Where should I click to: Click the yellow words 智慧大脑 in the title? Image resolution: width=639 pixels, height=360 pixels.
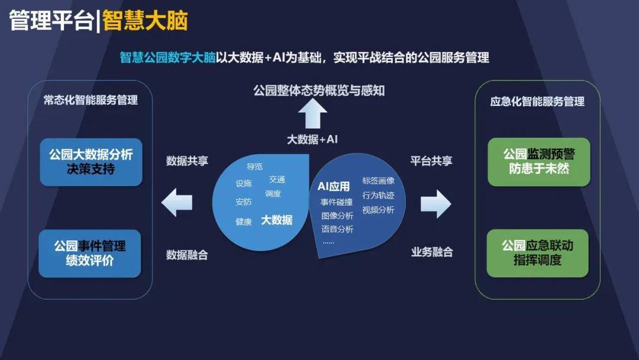(145, 21)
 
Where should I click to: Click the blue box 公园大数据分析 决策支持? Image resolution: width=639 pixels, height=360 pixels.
(91, 162)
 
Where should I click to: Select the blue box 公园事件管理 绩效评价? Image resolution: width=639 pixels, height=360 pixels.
(90, 253)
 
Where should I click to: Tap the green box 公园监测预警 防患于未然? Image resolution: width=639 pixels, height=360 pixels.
(539, 162)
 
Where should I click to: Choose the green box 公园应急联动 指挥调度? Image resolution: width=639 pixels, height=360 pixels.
(537, 253)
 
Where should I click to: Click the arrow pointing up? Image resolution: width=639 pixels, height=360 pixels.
(312, 114)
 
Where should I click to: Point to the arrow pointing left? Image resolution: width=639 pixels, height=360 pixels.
(177, 202)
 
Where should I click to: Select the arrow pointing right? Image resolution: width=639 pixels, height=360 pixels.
(435, 204)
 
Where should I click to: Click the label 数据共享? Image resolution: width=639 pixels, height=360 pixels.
(187, 161)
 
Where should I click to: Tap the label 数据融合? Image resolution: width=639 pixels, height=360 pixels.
(187, 255)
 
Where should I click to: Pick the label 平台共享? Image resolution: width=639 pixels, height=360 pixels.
(431, 161)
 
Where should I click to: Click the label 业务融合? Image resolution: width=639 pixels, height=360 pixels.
(432, 252)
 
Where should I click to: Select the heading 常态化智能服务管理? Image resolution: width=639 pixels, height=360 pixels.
(91, 100)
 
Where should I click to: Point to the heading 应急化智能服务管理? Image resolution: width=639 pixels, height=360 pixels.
(537, 101)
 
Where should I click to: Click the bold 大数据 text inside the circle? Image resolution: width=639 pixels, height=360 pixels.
(277, 220)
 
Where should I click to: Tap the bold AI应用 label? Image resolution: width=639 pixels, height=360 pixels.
(334, 187)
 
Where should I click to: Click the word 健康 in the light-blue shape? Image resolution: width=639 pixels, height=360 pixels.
(244, 222)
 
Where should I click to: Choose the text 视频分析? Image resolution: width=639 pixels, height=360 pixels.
(378, 210)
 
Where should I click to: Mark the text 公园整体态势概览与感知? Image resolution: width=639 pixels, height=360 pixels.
(319, 91)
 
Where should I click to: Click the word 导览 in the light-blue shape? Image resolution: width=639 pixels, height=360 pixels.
(254, 166)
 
